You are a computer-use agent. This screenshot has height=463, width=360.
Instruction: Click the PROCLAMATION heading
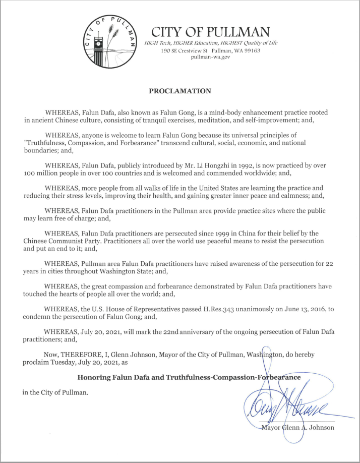click(x=180, y=91)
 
